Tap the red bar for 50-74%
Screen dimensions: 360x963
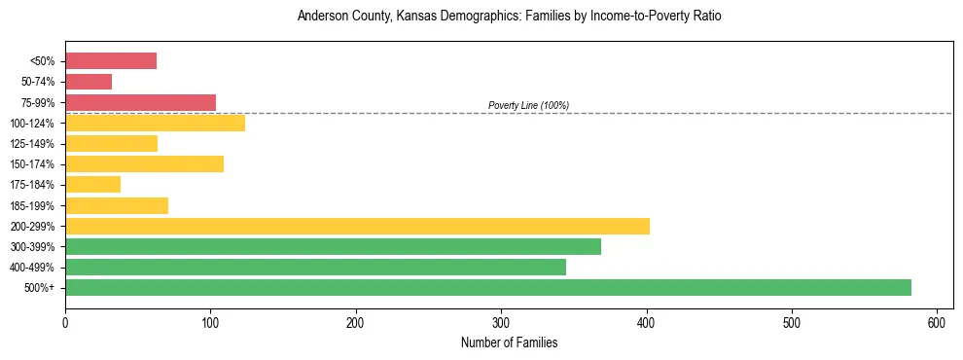[89, 82]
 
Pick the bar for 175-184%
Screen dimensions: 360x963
[92, 184]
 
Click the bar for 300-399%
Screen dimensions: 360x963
[333, 246]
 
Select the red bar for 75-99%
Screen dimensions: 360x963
[140, 102]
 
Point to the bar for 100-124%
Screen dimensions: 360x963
[155, 123]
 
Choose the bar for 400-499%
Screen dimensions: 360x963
[315, 267]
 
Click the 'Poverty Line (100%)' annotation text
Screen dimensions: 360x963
[528, 105]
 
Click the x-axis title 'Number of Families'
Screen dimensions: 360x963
[509, 342]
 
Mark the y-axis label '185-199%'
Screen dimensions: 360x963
[35, 205]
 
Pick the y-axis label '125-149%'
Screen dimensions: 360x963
[35, 143]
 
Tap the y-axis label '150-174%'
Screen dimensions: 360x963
[35, 163]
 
